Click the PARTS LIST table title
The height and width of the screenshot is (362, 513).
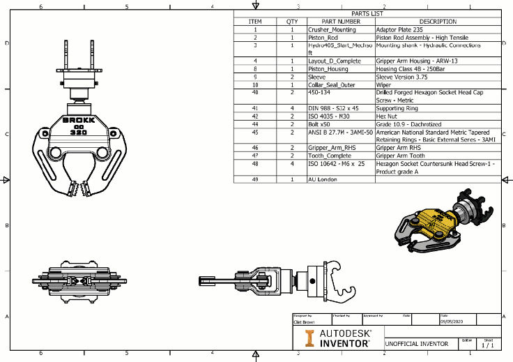coord(367,13)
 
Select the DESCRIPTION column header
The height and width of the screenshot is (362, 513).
coord(438,22)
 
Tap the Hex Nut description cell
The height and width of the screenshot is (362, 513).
coord(387,116)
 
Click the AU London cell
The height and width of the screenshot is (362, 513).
coord(323,179)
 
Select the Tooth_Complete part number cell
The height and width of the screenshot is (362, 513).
coord(330,156)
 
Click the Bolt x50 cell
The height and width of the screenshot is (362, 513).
coord(321,123)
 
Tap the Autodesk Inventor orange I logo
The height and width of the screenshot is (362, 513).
coord(309,338)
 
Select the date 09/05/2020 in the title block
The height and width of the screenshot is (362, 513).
coord(452,322)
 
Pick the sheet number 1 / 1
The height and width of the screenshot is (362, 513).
coord(488,345)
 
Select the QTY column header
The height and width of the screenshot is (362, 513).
coord(292,22)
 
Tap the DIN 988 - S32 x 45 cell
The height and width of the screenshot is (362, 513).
coord(333,108)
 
